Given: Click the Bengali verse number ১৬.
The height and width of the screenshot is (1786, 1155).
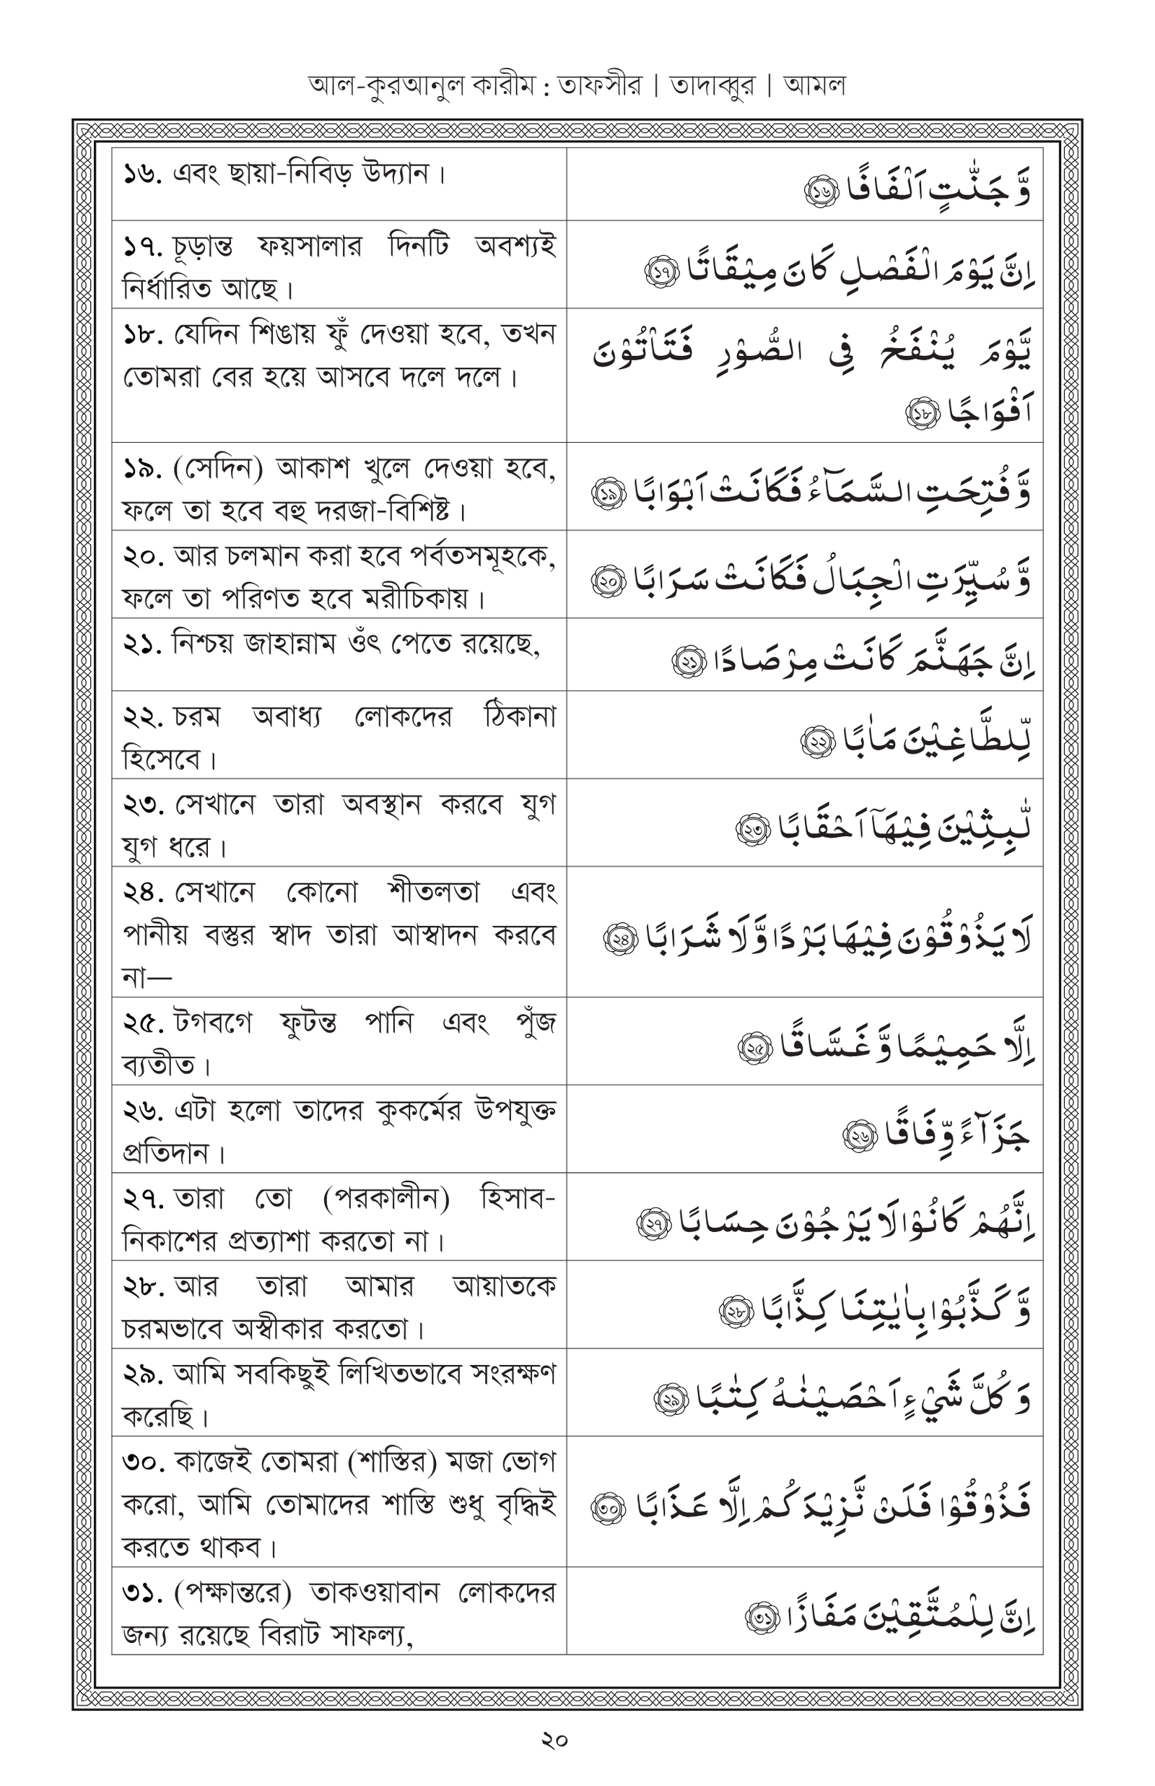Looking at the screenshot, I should point(141,175).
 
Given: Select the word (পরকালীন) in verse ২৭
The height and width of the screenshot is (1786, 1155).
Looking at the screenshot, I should point(386,1200).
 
